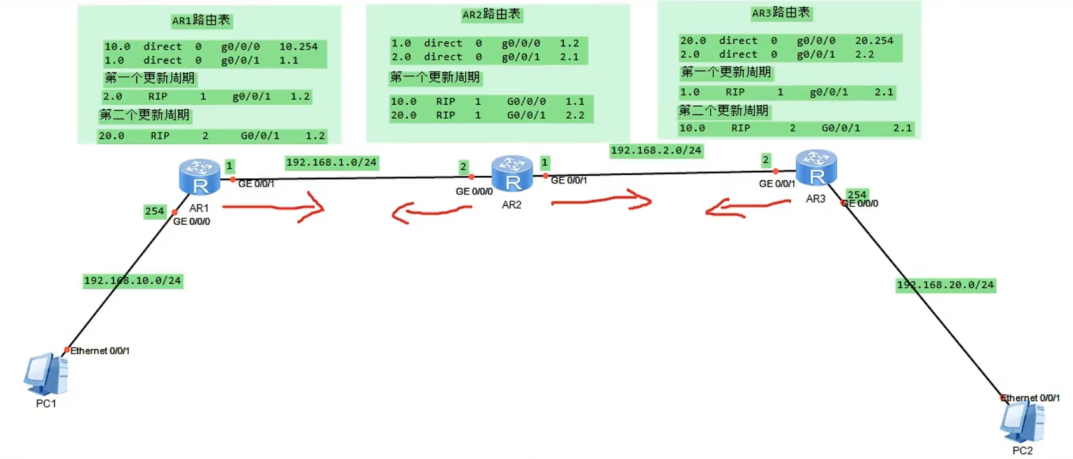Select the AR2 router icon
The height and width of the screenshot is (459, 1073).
pyautogui.click(x=511, y=173)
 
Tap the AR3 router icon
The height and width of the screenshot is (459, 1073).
pyautogui.click(x=816, y=168)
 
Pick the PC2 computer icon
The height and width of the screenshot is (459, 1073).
pyautogui.click(x=1022, y=422)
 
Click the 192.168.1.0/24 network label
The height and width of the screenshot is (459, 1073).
pyautogui.click(x=331, y=163)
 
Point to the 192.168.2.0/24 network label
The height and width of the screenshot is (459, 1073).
pyautogui.click(x=656, y=150)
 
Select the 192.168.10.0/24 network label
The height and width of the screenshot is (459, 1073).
pyautogui.click(x=133, y=281)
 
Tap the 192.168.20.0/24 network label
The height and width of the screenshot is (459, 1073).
pyautogui.click(x=945, y=285)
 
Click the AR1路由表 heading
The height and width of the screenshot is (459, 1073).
pyautogui.click(x=201, y=21)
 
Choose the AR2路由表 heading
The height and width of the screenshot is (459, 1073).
pyautogui.click(x=491, y=15)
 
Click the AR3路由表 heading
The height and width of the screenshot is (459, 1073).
pyautogui.click(x=781, y=13)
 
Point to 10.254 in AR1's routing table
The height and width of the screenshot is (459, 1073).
pyautogui.click(x=298, y=47)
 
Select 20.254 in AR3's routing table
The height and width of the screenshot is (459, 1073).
pyautogui.click(x=874, y=41)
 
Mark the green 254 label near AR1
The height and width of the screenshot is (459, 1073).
pyautogui.click(x=154, y=211)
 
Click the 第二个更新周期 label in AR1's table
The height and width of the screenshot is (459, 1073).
pyautogui.click(x=145, y=115)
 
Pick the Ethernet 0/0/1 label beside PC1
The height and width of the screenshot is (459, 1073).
pyautogui.click(x=100, y=350)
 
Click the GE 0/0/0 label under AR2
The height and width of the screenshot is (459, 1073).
pyautogui.click(x=474, y=191)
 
